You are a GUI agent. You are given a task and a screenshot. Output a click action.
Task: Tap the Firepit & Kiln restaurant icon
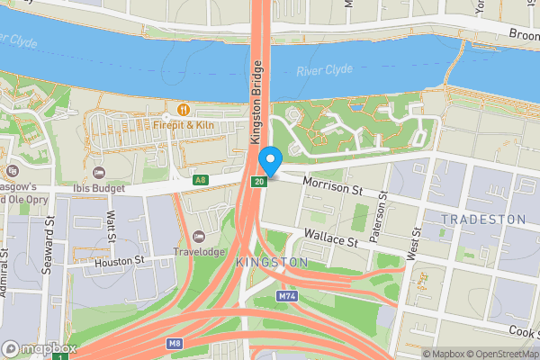182,109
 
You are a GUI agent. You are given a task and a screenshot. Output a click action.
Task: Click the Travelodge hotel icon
199,236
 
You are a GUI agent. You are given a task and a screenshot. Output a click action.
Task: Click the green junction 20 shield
258,183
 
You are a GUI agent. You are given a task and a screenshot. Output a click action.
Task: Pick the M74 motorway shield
287,295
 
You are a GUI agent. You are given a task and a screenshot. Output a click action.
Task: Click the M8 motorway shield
175,343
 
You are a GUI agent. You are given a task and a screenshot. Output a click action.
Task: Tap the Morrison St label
332,188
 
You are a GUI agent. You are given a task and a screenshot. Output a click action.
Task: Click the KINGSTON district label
271,262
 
